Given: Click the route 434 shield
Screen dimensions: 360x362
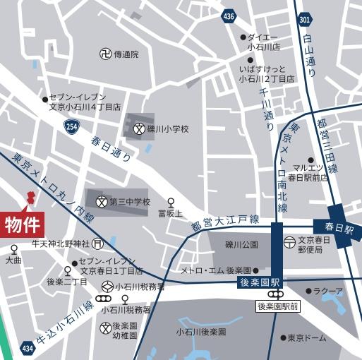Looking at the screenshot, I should [x=27, y=348].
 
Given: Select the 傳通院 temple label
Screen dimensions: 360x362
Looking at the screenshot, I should [x=126, y=54].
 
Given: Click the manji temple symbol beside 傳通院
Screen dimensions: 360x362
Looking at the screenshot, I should [x=104, y=54].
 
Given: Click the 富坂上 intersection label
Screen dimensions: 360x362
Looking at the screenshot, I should [x=170, y=212].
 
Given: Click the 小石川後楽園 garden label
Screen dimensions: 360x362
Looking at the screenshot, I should [x=201, y=332].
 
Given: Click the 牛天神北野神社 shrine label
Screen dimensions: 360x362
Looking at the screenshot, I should [x=61, y=244].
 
